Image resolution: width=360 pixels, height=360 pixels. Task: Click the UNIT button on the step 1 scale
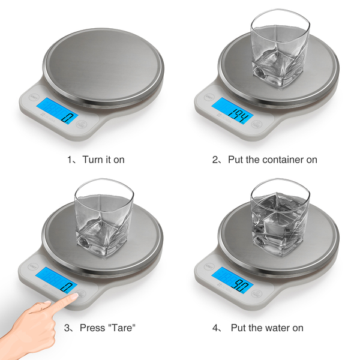tap(34, 97)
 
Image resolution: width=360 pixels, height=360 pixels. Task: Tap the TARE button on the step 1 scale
tap(82, 124)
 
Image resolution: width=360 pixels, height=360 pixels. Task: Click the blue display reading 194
tap(232, 111)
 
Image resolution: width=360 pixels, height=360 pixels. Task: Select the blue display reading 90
tap(232, 280)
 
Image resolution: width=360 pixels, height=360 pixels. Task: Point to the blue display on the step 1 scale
tap(58, 111)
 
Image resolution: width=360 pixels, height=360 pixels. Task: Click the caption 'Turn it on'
tap(103, 160)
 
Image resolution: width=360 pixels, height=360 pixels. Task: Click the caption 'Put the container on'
tap(272, 160)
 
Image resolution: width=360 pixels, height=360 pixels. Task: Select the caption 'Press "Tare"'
tap(107, 328)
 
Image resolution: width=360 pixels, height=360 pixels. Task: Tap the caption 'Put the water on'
tap(267, 328)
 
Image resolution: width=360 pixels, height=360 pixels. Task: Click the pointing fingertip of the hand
tap(76, 296)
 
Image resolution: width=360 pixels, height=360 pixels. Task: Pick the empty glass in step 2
tap(280, 49)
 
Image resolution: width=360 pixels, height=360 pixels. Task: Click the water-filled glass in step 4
tap(280, 218)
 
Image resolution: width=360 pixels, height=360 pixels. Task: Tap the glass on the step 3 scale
tap(104, 218)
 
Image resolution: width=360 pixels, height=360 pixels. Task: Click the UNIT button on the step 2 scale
tap(209, 97)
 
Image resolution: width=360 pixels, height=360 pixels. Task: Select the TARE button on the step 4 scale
tap(257, 293)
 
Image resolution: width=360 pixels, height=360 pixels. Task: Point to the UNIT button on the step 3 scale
tap(33, 266)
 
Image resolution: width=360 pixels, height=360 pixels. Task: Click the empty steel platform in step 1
tap(103, 64)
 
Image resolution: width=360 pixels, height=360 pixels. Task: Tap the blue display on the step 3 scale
tap(56, 280)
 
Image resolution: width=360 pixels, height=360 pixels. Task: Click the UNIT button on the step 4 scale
tap(209, 266)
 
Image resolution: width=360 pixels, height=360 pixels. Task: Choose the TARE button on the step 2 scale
tap(257, 124)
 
